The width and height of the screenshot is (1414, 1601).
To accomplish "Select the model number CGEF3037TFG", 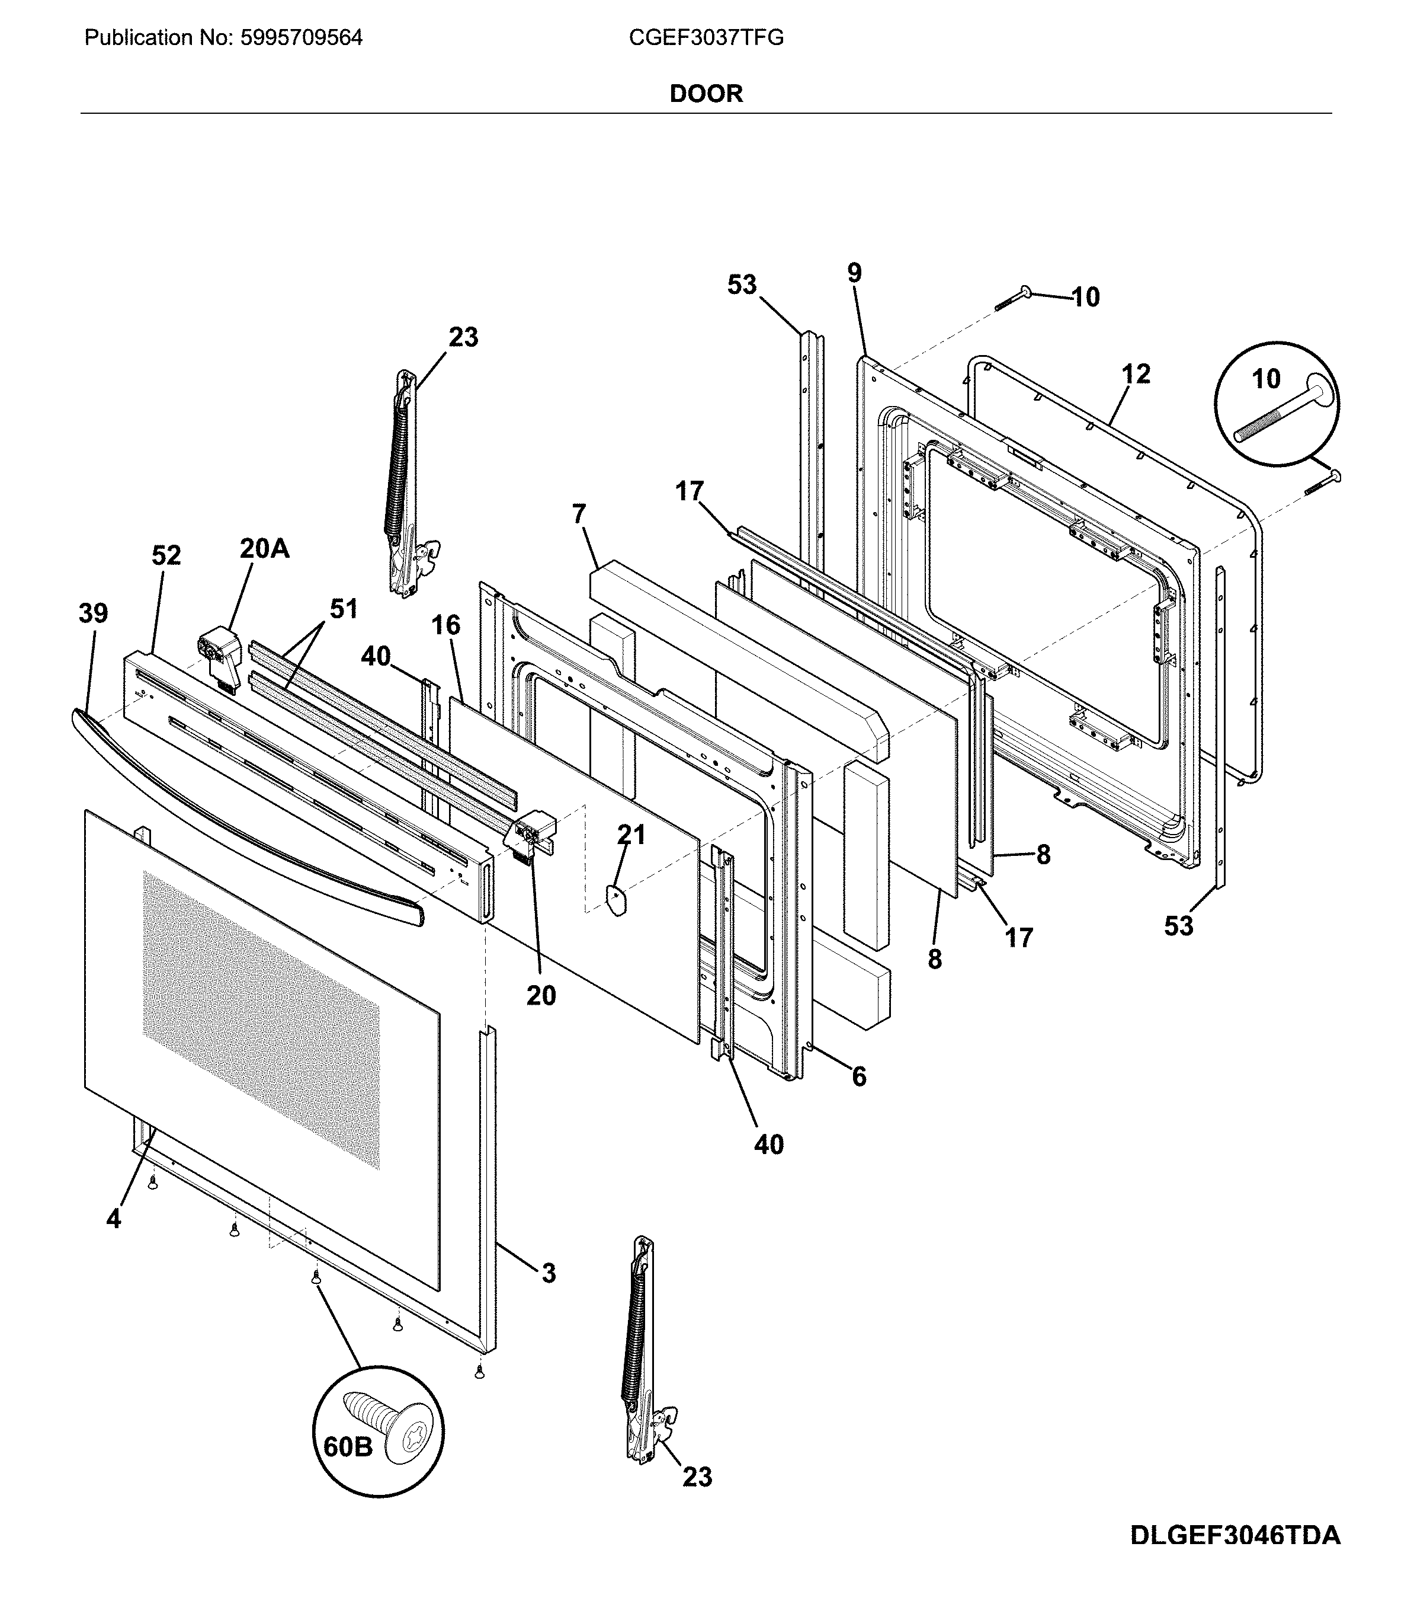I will coord(706,37).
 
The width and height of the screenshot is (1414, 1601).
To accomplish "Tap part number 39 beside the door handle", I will coord(93,613).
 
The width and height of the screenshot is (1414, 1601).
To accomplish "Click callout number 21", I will coord(631,835).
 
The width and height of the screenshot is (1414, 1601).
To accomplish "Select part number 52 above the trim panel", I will coord(166,555).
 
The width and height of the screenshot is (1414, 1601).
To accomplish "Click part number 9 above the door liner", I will coord(854,273).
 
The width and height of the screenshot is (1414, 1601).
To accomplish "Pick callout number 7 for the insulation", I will coord(579,515).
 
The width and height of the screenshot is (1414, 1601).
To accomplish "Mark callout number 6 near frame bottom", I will coord(859,1077).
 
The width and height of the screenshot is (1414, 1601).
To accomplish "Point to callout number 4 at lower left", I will coord(114,1219).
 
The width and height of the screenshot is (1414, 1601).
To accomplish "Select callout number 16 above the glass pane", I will coord(445,625).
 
